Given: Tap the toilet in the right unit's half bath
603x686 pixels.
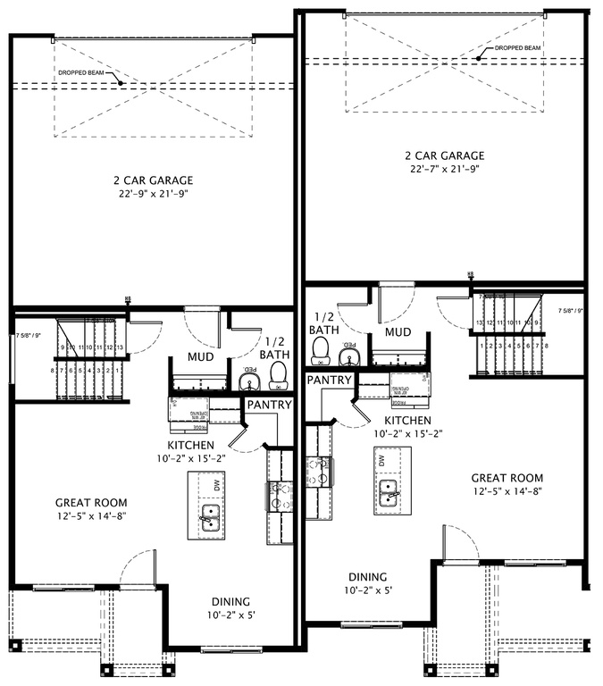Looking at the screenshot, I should click(x=321, y=354).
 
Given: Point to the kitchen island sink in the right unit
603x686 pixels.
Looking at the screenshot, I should click(x=388, y=492).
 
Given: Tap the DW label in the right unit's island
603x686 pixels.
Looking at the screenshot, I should click(x=381, y=461).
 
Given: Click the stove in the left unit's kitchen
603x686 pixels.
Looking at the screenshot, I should click(x=274, y=493).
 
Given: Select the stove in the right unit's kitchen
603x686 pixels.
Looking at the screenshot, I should click(x=318, y=471).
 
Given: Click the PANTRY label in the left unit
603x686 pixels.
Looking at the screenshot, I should click(x=270, y=405).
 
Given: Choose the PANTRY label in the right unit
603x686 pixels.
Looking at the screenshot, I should click(x=329, y=380).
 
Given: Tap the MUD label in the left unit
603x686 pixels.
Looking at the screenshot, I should click(x=199, y=357).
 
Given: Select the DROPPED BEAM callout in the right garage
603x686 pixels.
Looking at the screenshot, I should click(x=516, y=48).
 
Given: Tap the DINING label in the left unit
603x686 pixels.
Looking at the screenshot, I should click(x=230, y=601).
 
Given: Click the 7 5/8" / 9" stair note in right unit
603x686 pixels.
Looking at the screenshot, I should click(x=571, y=311).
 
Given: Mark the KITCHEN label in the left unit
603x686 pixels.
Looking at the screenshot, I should click(x=190, y=445).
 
